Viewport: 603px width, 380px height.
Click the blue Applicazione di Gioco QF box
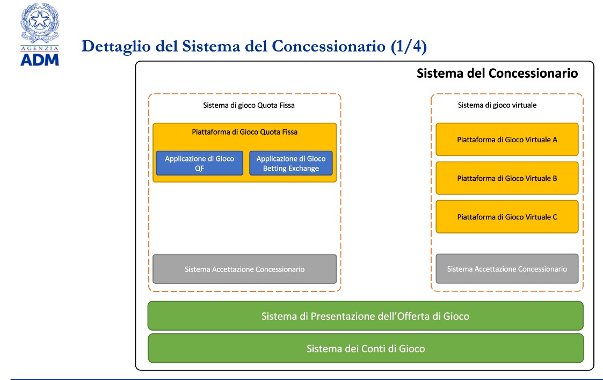(x=199, y=163)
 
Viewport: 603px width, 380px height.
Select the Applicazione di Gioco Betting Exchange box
(x=290, y=163)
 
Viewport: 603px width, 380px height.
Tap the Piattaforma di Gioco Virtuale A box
(x=507, y=140)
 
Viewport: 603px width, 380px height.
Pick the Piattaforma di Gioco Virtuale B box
(x=507, y=178)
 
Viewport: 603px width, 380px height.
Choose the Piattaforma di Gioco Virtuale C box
(x=507, y=217)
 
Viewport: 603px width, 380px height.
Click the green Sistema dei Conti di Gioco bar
(x=366, y=348)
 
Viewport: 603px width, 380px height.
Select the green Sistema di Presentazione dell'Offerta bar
(x=366, y=316)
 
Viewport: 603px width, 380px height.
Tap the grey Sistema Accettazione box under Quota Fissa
(x=245, y=269)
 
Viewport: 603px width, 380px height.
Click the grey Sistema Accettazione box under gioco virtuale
(x=507, y=268)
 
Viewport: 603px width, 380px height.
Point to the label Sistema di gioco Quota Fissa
(x=249, y=105)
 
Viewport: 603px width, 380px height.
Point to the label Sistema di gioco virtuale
(x=497, y=105)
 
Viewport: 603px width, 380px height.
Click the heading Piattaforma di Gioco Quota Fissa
(x=245, y=132)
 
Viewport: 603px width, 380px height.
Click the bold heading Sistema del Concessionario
(x=497, y=73)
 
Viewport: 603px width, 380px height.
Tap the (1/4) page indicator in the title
(x=409, y=47)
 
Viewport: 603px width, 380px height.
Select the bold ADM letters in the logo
(x=40, y=60)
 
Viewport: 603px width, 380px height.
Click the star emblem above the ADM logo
(x=40, y=21)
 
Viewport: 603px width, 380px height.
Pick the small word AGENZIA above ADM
(x=40, y=48)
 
